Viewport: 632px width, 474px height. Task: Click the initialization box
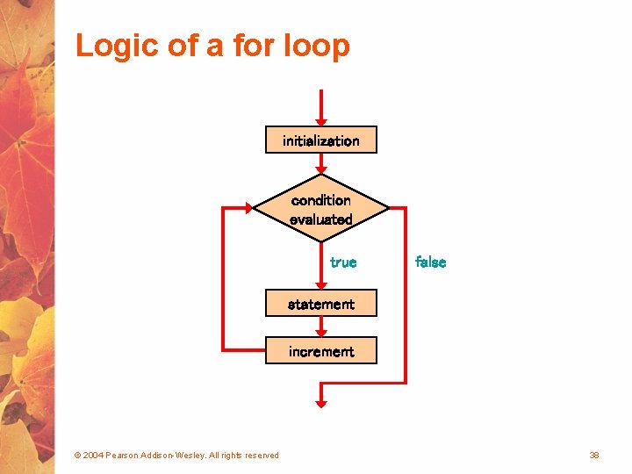tap(320, 140)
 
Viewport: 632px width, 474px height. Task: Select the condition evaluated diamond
tap(320, 209)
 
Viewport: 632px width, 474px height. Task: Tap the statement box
tap(320, 304)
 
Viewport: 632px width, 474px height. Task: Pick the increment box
tap(320, 351)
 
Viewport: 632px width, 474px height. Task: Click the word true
tap(343, 262)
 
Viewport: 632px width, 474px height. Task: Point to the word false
tap(430, 262)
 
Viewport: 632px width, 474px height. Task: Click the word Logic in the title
tap(112, 46)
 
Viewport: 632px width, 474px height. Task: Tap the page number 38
tap(594, 455)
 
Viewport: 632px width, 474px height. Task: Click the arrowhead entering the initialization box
tap(321, 121)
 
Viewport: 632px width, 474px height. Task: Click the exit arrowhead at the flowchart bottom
tap(321, 403)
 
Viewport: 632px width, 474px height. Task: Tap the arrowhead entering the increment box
tap(321, 333)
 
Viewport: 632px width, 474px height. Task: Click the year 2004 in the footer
tap(93, 455)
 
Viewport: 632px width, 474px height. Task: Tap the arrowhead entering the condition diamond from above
tap(321, 170)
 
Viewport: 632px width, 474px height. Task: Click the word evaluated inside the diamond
tap(320, 219)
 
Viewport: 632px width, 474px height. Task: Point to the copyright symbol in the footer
tap(77, 455)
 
